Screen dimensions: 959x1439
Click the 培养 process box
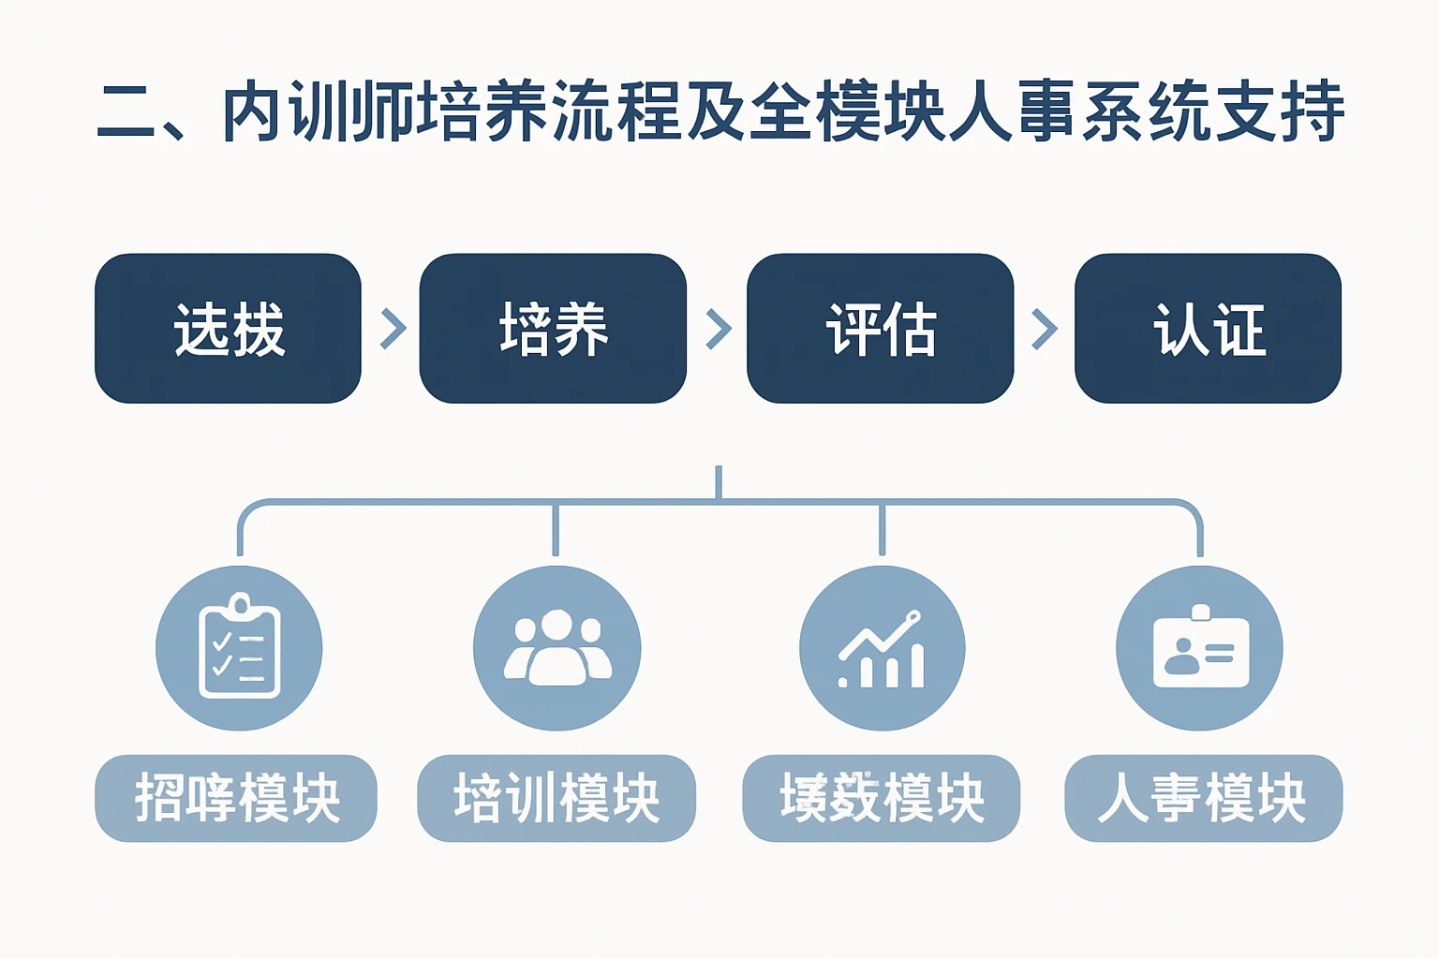pos(553,329)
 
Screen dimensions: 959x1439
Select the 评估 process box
pos(880,329)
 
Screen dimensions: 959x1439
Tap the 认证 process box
pos(1208,329)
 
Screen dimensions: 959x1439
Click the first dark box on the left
pos(228,329)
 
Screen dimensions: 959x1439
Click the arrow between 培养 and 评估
pos(718,329)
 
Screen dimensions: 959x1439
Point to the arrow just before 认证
pos(1044,329)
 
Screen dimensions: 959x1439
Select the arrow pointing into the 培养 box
pos(393,329)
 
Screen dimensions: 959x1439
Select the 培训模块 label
pos(556,798)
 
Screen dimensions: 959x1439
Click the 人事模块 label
pos(1203,798)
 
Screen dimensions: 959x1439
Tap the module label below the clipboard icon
pos(236,798)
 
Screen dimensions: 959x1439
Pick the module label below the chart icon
pos(881,798)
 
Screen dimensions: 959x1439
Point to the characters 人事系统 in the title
pos(1077,112)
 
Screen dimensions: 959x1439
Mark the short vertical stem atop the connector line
pos(719,481)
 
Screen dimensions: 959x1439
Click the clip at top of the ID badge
pos(1200,613)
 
